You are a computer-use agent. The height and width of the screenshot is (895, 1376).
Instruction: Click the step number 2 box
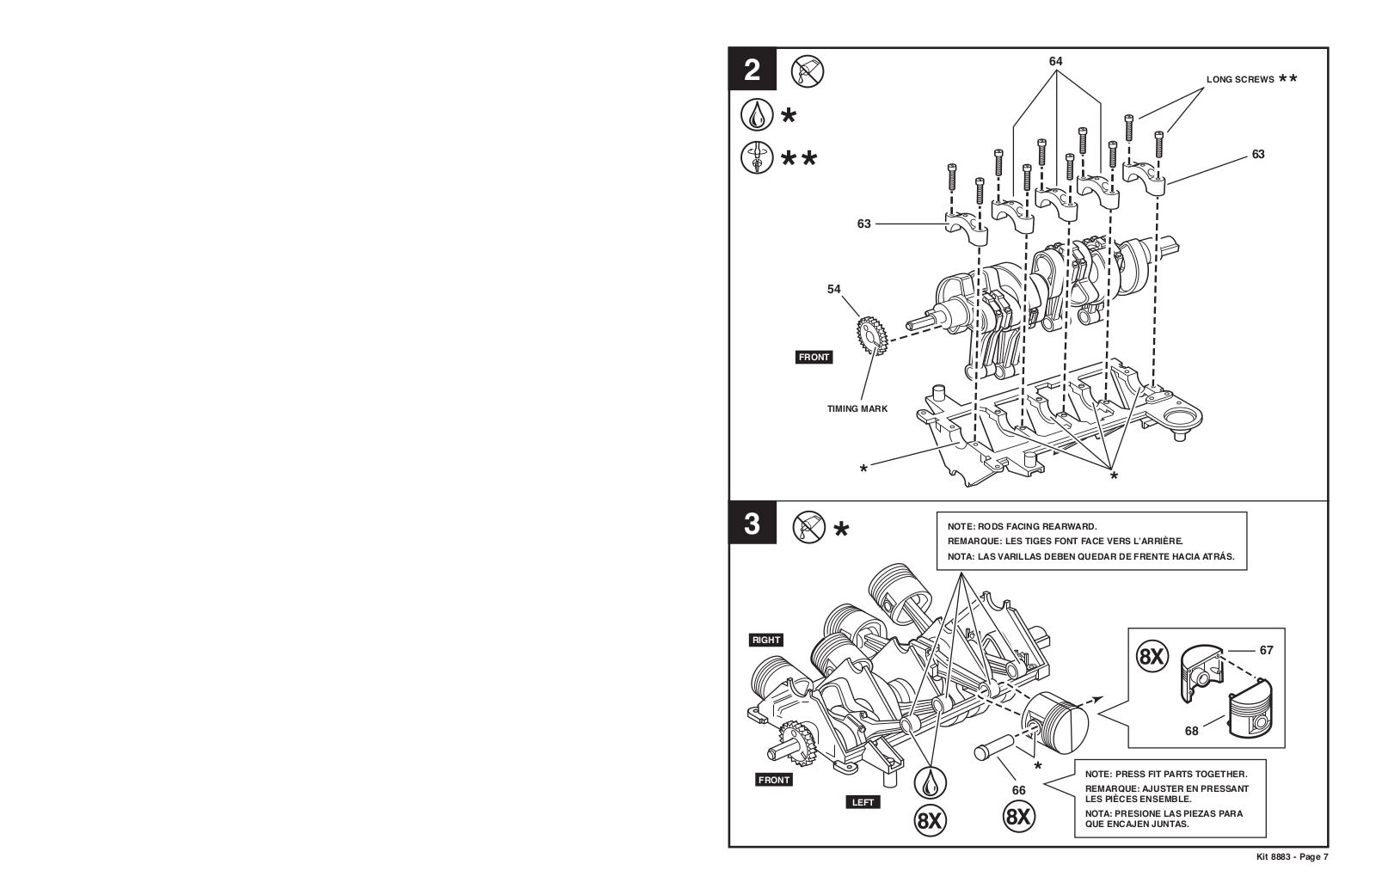pyautogui.click(x=752, y=70)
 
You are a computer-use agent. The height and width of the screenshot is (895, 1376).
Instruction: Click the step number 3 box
pyautogui.click(x=752, y=524)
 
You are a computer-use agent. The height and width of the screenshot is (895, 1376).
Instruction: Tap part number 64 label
pyautogui.click(x=1055, y=61)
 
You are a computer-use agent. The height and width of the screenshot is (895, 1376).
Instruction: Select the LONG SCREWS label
pyautogui.click(x=1240, y=79)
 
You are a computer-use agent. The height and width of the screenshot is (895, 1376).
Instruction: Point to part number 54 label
pyautogui.click(x=833, y=290)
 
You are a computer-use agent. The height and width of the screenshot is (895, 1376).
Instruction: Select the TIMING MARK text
pyautogui.click(x=857, y=408)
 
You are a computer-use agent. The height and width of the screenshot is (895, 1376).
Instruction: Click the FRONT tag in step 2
pyautogui.click(x=814, y=357)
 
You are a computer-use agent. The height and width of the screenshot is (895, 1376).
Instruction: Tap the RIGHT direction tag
pyautogui.click(x=765, y=640)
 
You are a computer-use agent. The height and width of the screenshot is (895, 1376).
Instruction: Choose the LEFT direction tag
pyautogui.click(x=863, y=802)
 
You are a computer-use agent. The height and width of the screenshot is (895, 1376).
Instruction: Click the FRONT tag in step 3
pyautogui.click(x=774, y=780)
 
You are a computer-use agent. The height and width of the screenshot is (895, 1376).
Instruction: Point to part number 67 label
pyautogui.click(x=1266, y=650)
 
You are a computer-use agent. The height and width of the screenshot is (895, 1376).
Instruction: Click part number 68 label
pyautogui.click(x=1191, y=731)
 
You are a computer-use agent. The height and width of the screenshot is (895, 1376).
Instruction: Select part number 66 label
pyautogui.click(x=1018, y=791)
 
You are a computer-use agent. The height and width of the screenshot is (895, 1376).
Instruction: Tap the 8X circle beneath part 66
pyautogui.click(x=1018, y=816)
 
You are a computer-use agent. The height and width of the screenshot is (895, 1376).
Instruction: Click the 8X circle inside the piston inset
pyautogui.click(x=1151, y=657)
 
